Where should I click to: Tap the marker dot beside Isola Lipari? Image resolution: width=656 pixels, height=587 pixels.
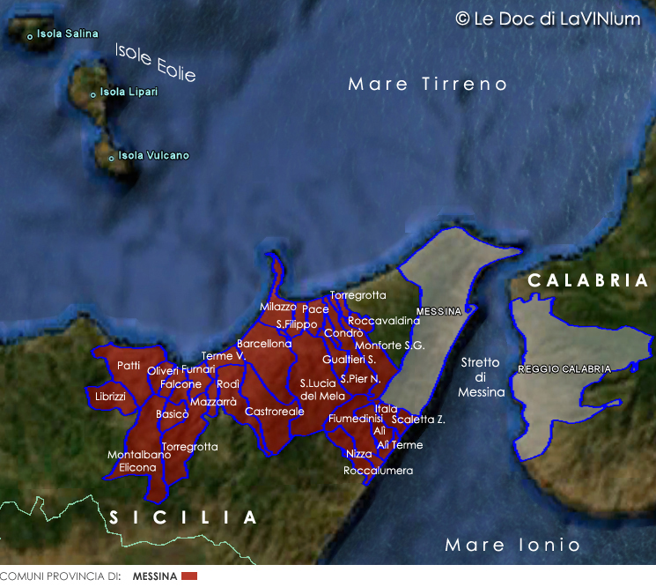pos(92,94)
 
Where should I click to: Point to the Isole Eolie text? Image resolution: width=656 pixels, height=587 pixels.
pos(155,63)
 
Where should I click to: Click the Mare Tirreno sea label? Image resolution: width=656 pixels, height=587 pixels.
pos(428,85)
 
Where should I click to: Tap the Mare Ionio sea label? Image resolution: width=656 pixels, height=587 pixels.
pos(512,546)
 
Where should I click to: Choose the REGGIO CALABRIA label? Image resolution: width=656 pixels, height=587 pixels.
pos(564,369)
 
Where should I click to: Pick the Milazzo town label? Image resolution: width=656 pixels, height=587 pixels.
pos(277,307)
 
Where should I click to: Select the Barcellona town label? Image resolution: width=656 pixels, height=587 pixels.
pos(264,344)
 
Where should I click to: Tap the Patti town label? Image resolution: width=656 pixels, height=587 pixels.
pos(129,366)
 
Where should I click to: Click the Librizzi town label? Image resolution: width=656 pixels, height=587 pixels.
pos(111,398)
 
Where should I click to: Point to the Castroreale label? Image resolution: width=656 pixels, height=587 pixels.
pos(275,412)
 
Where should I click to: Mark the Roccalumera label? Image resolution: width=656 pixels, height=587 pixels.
pos(378,471)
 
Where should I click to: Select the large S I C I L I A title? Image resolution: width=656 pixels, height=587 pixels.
pos(182,517)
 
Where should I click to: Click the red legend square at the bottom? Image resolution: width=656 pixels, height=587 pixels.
pos(189,576)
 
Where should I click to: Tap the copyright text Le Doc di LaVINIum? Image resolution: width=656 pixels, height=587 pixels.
pos(547,19)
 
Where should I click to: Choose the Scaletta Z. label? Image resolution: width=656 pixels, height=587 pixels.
pos(418,420)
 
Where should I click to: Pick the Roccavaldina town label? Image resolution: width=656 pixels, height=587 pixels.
pos(384,322)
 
